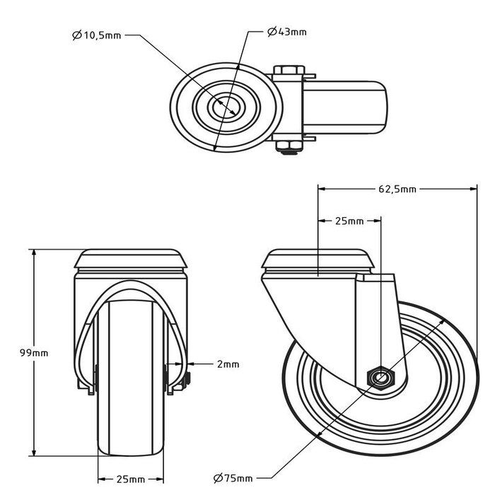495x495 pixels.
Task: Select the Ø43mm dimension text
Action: (287, 33)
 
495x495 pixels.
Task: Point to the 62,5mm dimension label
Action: (395, 189)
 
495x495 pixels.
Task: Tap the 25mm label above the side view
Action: (349, 221)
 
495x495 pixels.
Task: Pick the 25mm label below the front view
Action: (132, 479)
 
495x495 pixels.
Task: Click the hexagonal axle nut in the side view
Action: (380, 378)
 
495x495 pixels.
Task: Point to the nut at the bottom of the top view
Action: (289, 148)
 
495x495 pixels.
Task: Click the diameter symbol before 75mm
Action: (216, 479)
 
